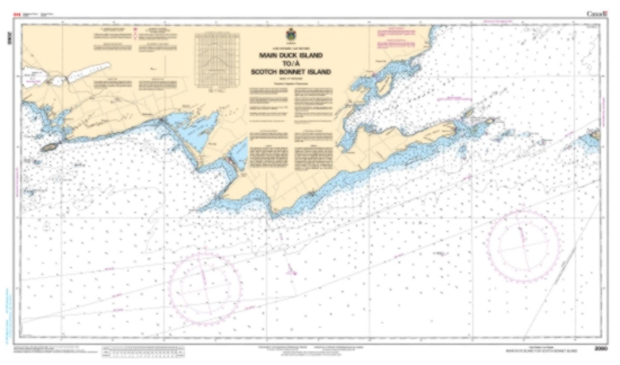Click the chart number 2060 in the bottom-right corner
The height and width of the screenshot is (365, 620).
tap(599, 350)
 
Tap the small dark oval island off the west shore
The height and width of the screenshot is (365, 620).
tap(50, 146)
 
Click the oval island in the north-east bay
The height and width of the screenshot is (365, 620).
tap(384, 85)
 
